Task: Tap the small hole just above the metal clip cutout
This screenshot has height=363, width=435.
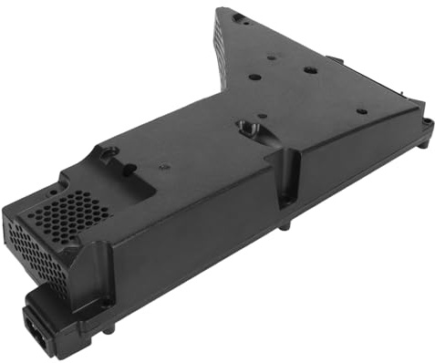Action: click(260, 115)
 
